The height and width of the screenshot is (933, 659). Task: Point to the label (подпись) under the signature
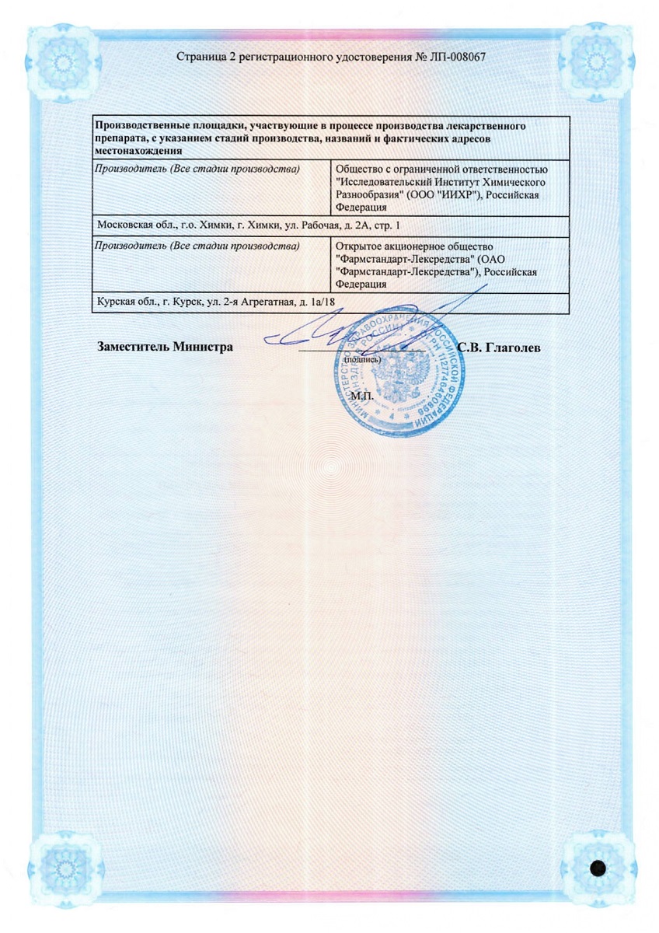click(361, 360)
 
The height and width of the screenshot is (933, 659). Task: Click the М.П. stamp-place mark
click(361, 396)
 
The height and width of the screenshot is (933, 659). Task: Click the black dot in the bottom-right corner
click(598, 868)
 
